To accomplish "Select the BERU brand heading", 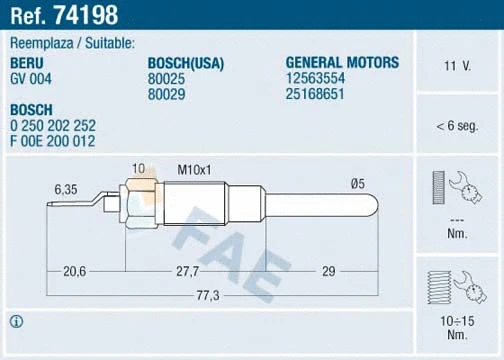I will click(x=27, y=62).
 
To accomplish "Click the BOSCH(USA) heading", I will click(x=185, y=62).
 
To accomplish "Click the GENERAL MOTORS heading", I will click(x=342, y=62).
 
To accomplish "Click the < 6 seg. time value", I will click(x=458, y=126).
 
